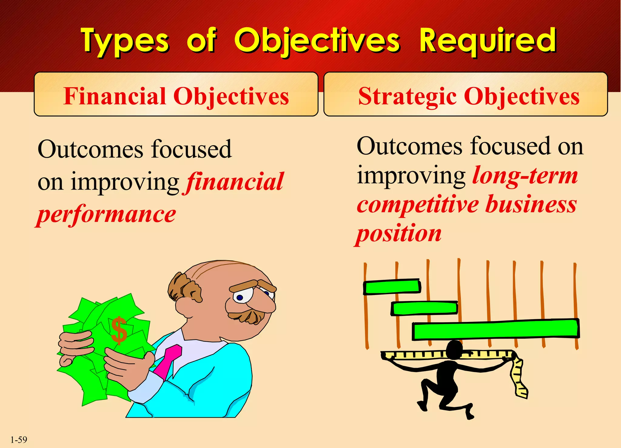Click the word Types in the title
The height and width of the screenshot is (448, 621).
124,41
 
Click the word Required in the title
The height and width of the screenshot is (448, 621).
488,41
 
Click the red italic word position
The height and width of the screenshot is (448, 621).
399,234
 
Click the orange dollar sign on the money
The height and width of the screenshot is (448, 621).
119,330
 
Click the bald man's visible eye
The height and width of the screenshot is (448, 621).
240,297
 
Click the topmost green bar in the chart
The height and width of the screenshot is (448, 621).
392,287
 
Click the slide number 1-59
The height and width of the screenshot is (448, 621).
19,440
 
